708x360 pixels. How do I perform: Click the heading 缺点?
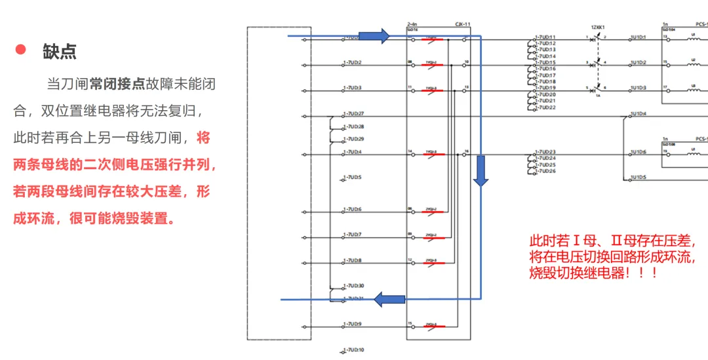(60, 52)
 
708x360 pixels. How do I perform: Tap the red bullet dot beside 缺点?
(20, 49)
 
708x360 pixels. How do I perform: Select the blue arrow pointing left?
(389, 300)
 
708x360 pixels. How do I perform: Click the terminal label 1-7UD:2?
(352, 62)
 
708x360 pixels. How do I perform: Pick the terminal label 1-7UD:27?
(354, 113)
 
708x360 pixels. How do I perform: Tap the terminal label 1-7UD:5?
(352, 177)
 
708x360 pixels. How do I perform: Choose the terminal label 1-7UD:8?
(352, 260)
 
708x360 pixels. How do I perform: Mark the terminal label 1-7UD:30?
(354, 286)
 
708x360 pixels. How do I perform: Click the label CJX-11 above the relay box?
(463, 25)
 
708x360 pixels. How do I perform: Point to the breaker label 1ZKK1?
(598, 27)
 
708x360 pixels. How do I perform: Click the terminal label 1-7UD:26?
(545, 171)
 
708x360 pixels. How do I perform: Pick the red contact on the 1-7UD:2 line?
(433, 65)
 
